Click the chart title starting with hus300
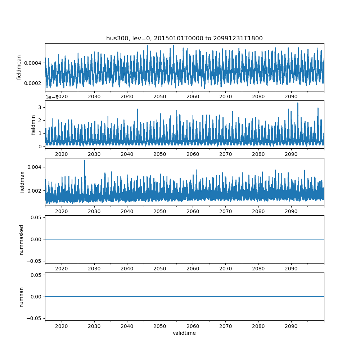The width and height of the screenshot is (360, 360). pos(184,38)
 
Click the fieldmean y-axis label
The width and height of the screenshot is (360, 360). pos(19,67)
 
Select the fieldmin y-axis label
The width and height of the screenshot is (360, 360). pos(33,125)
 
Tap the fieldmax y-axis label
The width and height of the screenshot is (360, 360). pos(22,182)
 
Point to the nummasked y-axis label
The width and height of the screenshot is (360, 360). pos(22,239)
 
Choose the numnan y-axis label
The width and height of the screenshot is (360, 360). pos(22,297)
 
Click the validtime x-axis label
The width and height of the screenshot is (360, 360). pos(184,333)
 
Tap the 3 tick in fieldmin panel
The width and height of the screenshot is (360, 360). pos(41,107)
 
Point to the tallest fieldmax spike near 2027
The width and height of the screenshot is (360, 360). pos(85,161)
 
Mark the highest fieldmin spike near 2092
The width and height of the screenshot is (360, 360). pos(298,103)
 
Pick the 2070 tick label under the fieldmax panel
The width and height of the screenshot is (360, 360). pos(225,211)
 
